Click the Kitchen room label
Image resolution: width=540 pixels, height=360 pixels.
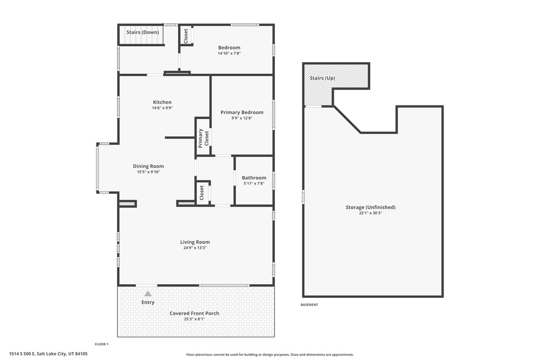[162, 102]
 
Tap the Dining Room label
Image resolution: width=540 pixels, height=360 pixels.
[149, 166]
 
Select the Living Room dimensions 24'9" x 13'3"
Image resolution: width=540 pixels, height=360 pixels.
[195, 248]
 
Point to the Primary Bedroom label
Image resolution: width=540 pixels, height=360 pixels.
[242, 112]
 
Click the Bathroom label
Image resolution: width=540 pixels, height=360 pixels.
[254, 178]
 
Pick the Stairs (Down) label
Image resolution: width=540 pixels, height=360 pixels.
[142, 32]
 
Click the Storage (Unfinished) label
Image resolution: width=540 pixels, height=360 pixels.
[370, 207]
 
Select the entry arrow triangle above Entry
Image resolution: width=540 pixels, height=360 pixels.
[148, 294]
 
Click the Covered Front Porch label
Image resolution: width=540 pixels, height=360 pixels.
[194, 313]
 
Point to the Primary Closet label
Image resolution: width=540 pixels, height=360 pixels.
[203, 138]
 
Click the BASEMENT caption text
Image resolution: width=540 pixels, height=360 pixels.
[309, 305]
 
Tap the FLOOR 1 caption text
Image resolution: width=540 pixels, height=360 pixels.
[101, 344]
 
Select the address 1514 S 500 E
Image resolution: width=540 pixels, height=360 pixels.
[48, 354]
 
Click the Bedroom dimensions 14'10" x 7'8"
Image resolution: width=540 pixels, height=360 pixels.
[229, 53]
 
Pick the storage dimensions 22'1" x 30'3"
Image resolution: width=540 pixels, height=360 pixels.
[370, 213]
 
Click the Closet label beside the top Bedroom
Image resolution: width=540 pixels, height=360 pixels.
[186, 35]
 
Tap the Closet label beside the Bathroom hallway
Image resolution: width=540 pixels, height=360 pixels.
[201, 192]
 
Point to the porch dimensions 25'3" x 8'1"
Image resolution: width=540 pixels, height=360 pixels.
[194, 319]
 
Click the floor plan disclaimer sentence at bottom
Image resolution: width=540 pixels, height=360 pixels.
[270, 355]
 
